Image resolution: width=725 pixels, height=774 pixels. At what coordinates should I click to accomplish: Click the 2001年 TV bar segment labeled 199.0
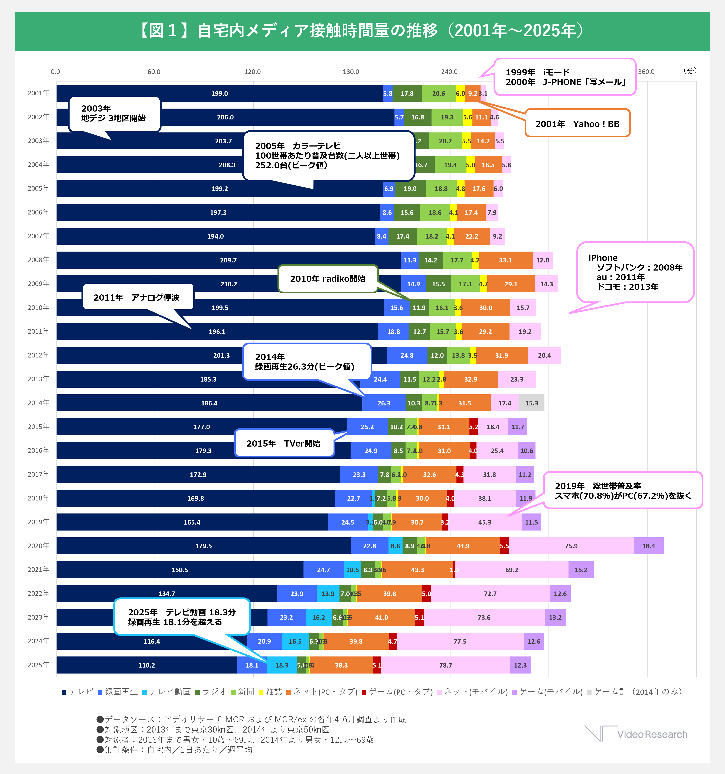220,93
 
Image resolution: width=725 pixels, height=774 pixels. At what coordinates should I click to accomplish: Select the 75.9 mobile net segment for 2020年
571,546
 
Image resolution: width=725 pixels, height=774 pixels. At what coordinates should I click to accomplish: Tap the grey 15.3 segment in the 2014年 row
532,403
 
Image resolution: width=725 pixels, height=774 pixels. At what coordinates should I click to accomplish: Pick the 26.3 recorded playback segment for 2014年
384,403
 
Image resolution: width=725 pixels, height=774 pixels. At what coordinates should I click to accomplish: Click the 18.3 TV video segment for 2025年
282,665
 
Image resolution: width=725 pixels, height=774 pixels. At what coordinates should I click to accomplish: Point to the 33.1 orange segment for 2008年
505,260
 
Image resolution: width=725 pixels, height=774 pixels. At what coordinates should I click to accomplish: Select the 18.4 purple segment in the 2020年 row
648,546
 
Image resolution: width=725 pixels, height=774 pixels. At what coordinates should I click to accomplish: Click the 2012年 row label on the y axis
38,355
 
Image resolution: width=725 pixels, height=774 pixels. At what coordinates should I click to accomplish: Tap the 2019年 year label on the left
38,522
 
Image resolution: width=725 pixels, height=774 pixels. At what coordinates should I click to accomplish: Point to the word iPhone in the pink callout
603,258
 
